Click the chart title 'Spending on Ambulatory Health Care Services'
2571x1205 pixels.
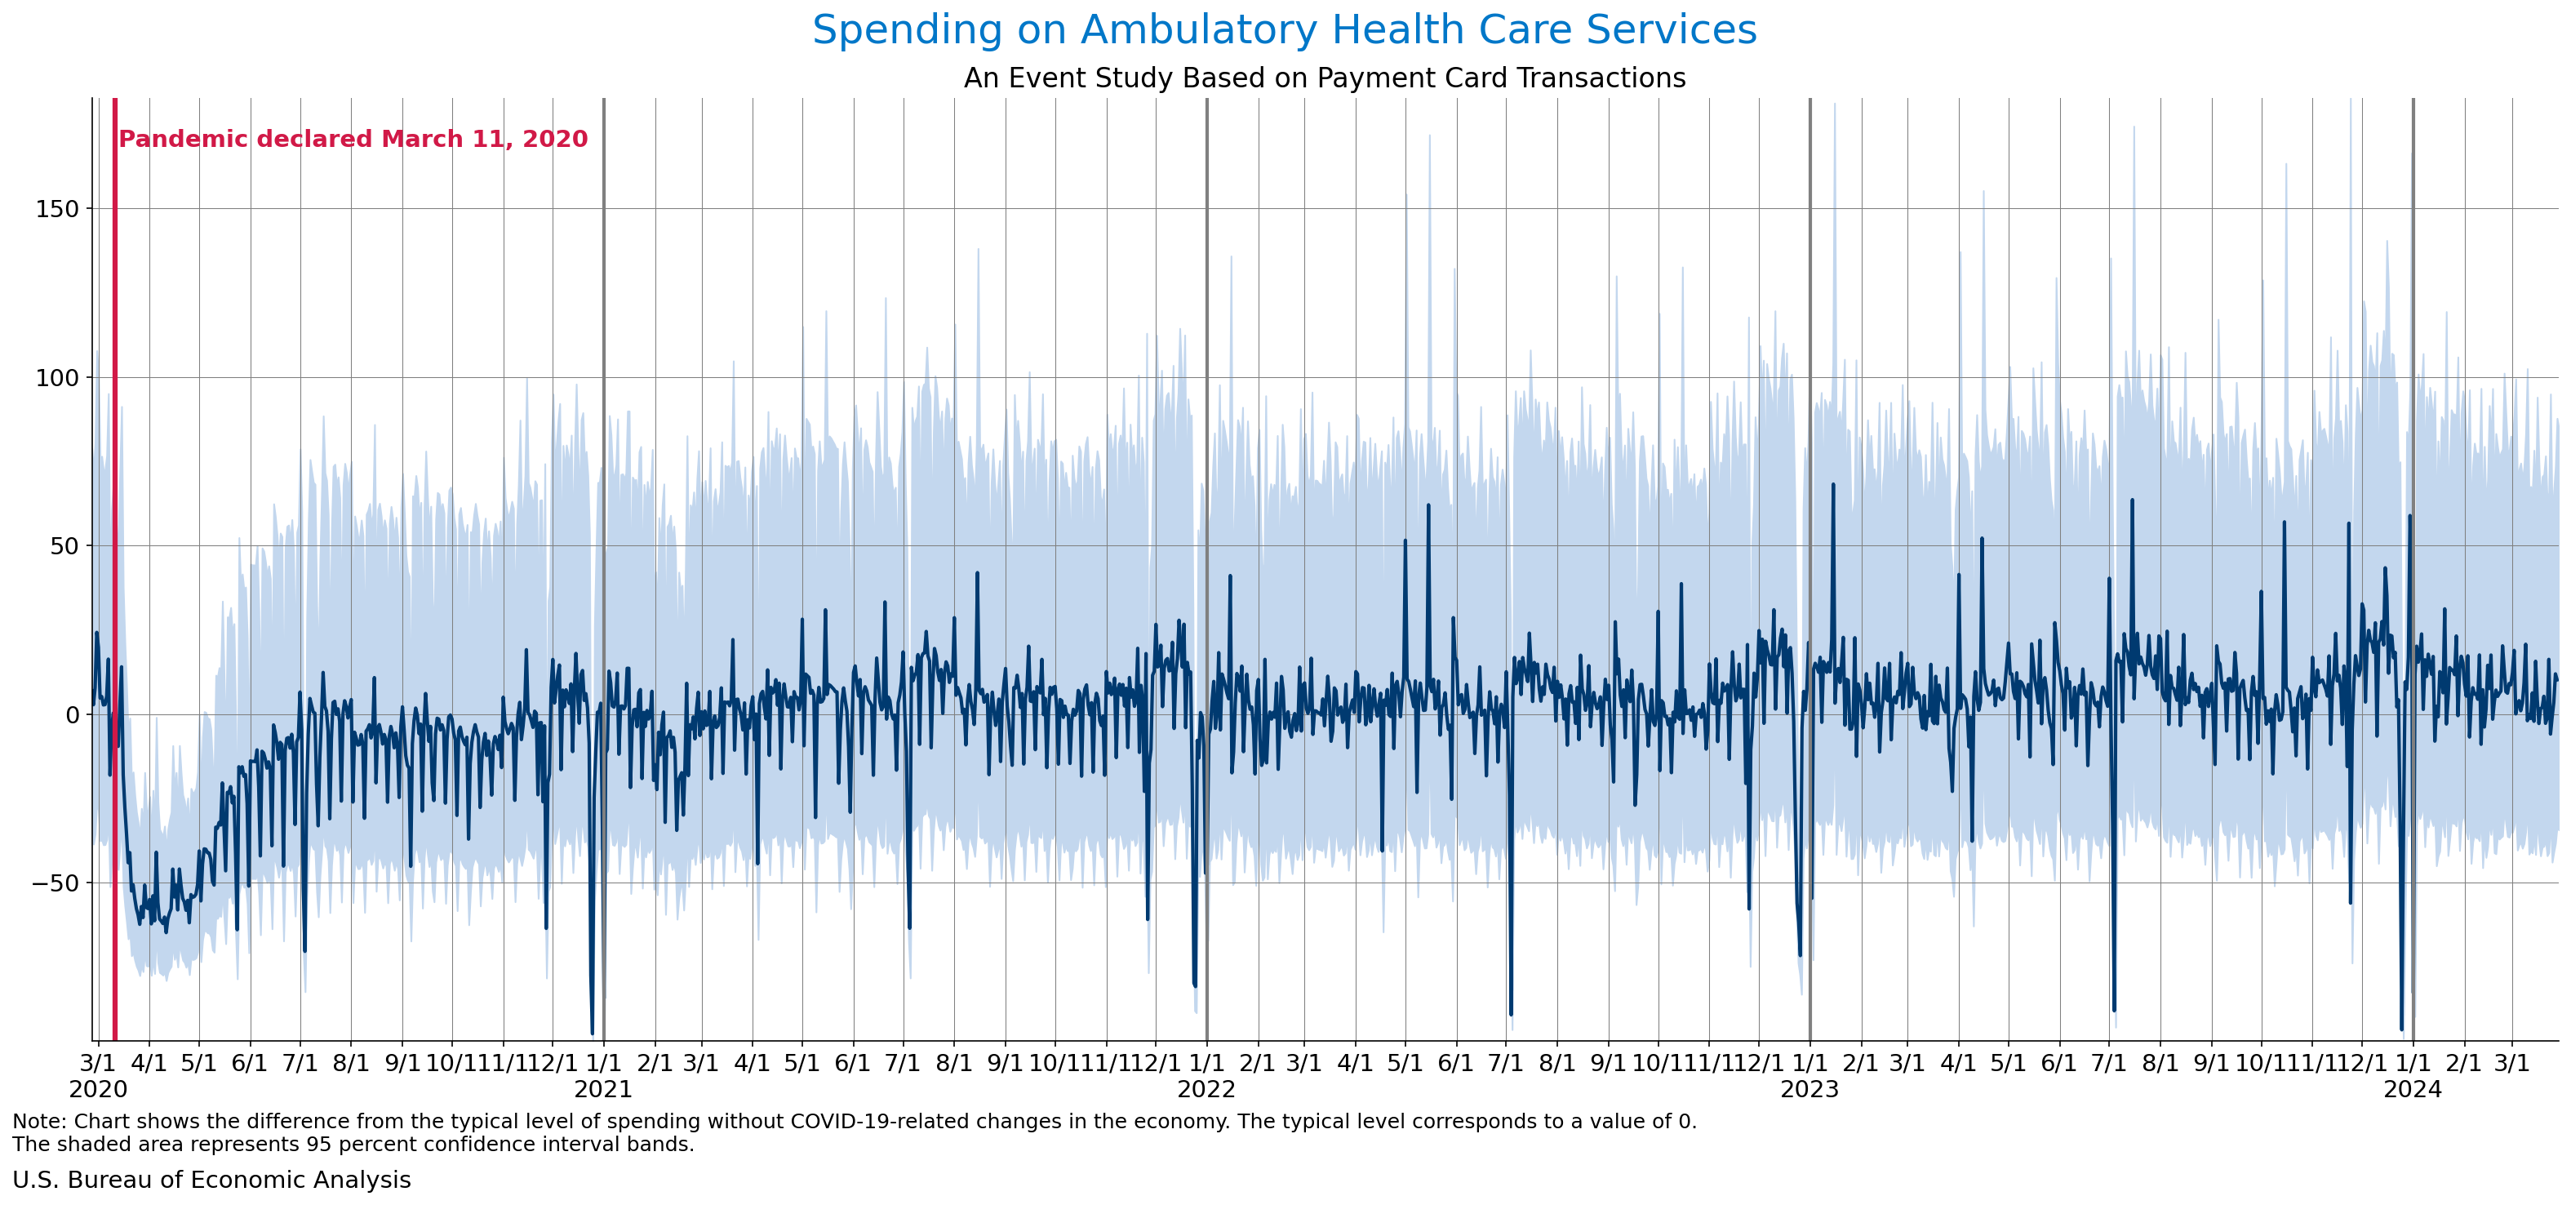(x=1284, y=31)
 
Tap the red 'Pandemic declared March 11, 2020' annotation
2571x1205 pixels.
(x=353, y=140)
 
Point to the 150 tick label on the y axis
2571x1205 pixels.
(x=57, y=210)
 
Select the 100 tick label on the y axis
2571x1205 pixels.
(x=57, y=378)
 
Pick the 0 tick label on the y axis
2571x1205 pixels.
(x=72, y=715)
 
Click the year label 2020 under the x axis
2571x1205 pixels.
(x=98, y=1089)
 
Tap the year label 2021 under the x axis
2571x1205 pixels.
(x=603, y=1089)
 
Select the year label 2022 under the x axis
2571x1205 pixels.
(x=1206, y=1089)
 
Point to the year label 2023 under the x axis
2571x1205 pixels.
(x=1809, y=1089)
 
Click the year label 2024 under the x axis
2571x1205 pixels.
(x=2413, y=1089)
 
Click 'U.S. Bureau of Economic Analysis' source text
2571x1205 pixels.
(x=211, y=1180)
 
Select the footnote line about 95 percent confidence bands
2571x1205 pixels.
(x=353, y=1144)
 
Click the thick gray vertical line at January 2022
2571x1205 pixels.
(x=1206, y=300)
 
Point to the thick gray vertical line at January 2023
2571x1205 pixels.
(x=1809, y=300)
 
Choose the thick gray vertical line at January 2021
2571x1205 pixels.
(x=604, y=300)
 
